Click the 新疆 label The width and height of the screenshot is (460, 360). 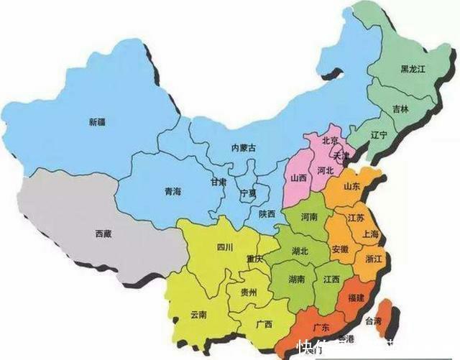[x=97, y=122]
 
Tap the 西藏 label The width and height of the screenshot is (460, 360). [x=103, y=234]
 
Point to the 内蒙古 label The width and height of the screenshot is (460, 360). [x=243, y=147]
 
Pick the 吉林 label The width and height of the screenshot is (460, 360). [x=401, y=109]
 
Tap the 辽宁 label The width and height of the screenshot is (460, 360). [x=379, y=134]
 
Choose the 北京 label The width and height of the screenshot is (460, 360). [x=331, y=141]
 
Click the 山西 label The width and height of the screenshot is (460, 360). [x=298, y=177]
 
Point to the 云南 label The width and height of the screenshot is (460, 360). [x=198, y=315]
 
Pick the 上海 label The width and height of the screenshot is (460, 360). [x=372, y=234]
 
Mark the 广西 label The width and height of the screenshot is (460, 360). [x=264, y=324]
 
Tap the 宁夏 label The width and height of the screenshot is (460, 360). [x=247, y=194]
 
